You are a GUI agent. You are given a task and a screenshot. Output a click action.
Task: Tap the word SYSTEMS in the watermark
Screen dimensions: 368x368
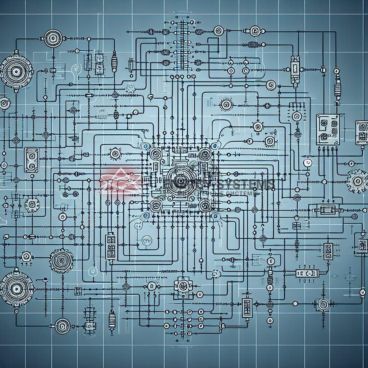point(248,185)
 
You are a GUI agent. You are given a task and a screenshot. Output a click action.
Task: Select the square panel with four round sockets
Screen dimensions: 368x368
point(327,129)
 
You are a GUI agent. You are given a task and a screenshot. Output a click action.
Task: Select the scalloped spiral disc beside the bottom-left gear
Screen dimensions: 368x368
point(61,259)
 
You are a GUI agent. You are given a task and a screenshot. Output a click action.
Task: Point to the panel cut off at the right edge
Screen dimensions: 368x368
point(362,132)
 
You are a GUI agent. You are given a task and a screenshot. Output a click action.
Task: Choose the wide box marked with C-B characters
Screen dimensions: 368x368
point(307,273)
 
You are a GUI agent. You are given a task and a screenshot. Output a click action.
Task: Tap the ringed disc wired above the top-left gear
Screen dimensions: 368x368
point(53,37)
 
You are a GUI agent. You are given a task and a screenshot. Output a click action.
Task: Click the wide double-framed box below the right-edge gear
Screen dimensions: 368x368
point(328,210)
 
